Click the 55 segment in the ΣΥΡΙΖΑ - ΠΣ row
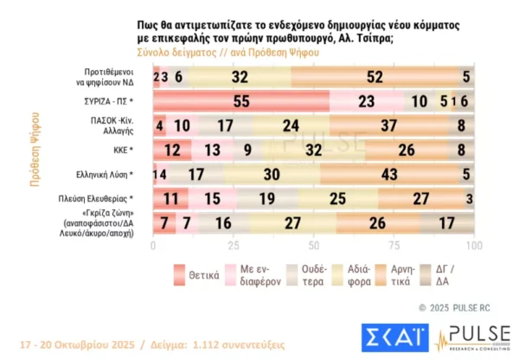coord(240,101)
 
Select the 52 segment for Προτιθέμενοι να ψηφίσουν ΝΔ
coord(375,76)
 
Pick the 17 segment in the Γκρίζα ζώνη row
coord(445,222)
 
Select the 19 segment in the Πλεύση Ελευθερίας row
coord(261,198)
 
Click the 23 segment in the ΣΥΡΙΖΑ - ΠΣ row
coord(366,101)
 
